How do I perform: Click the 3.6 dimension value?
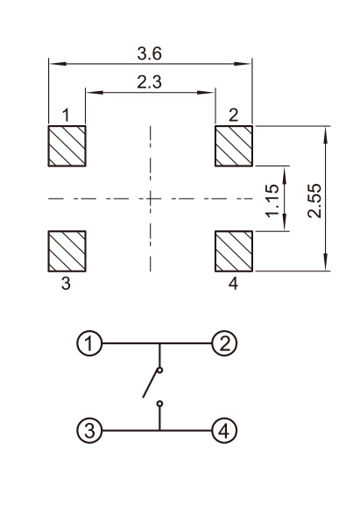click(x=149, y=53)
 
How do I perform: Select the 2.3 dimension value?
click(x=149, y=82)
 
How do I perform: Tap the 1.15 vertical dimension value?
click(x=272, y=201)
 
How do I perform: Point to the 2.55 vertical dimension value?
click(x=314, y=201)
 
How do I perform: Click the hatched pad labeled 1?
click(x=67, y=146)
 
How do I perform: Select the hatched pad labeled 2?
click(x=234, y=146)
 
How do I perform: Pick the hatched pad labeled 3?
click(x=67, y=251)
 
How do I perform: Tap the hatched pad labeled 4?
click(x=234, y=251)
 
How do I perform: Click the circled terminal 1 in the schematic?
click(x=89, y=343)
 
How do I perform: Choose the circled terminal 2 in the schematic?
click(x=224, y=343)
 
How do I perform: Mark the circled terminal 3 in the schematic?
click(x=89, y=431)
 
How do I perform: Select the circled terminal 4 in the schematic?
click(x=224, y=431)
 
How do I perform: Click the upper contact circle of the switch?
click(x=159, y=370)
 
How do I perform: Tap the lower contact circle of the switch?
click(x=159, y=404)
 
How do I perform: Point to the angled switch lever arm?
click(x=151, y=384)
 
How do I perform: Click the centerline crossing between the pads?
click(x=151, y=198)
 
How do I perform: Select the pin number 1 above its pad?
click(x=66, y=115)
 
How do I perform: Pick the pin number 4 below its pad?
click(x=233, y=284)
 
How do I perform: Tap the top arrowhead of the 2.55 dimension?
click(x=326, y=135)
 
